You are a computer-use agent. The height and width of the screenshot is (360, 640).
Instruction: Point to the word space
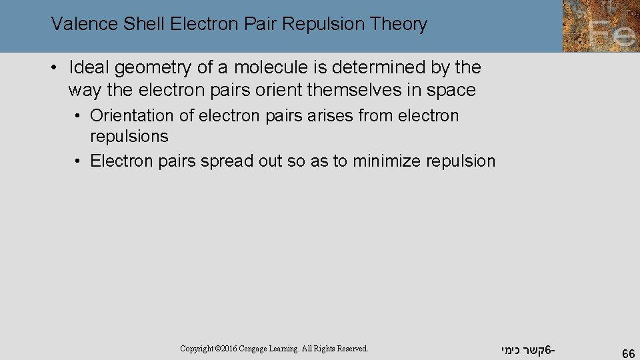(451, 89)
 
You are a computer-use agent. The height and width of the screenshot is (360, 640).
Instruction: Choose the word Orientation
(132, 116)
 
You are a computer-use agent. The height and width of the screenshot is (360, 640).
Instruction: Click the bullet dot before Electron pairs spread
(78, 161)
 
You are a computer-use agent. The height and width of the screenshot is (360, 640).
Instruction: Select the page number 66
(627, 354)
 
